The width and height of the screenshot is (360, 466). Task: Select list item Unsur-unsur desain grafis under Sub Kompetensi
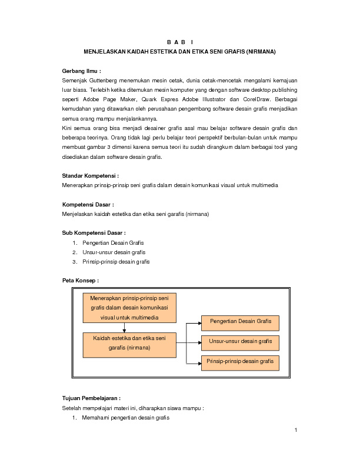point(114,252)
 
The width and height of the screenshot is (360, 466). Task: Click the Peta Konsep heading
point(80,280)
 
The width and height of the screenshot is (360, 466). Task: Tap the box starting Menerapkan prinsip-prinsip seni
point(129,308)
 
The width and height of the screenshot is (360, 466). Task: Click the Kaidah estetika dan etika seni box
point(129,344)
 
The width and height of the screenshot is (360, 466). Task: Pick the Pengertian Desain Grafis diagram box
point(240,322)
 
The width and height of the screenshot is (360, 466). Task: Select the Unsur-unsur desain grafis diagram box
point(240,341)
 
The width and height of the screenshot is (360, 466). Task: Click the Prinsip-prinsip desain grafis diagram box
point(240,361)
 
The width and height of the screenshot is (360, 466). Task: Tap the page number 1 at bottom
point(296,430)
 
